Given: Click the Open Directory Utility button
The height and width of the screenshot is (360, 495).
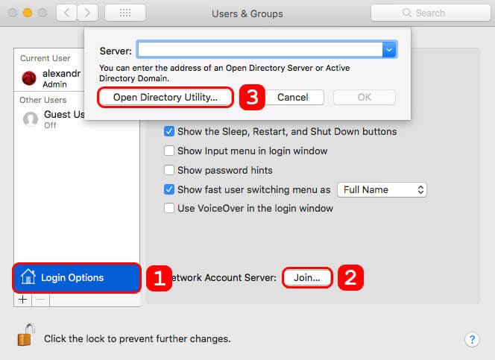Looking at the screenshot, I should click(x=165, y=97).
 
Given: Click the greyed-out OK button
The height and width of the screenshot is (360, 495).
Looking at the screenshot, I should click(x=364, y=97).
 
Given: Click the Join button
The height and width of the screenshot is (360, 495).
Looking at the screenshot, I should click(x=307, y=277).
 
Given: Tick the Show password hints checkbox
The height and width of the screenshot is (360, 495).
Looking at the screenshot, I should click(x=169, y=170).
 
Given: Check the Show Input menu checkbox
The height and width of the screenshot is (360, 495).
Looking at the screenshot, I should click(x=169, y=151).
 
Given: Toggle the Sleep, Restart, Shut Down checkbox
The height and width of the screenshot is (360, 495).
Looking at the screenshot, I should click(x=169, y=131).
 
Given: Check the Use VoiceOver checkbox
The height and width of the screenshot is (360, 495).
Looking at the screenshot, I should click(x=169, y=208).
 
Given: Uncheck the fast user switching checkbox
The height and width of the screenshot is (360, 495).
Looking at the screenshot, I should click(x=169, y=189).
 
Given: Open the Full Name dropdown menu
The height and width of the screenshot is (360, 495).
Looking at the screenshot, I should click(x=382, y=189).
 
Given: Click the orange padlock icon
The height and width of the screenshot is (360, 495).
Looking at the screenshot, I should click(x=25, y=336).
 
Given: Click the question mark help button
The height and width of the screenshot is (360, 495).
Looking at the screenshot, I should click(x=472, y=339).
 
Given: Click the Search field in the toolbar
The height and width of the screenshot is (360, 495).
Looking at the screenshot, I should click(x=430, y=13).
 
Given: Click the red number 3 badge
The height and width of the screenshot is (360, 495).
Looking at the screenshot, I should click(x=252, y=97).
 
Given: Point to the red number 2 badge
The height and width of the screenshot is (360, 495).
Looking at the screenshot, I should click(x=351, y=277).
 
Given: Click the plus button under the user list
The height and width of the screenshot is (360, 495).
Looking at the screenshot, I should click(x=22, y=299).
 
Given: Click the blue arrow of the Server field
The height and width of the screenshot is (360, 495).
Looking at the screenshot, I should click(x=388, y=50).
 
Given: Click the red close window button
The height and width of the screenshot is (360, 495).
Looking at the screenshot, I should click(x=13, y=13).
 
